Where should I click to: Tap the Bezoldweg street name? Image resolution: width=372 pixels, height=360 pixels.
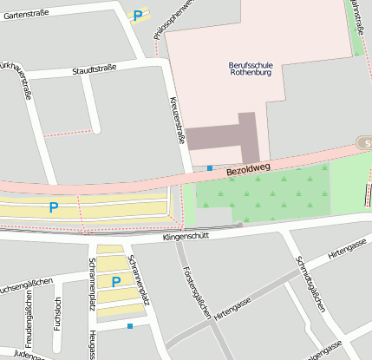tap(248, 169)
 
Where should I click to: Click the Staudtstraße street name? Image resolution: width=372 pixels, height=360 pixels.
tap(94, 69)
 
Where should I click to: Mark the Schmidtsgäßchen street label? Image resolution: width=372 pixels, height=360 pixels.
tap(310, 284)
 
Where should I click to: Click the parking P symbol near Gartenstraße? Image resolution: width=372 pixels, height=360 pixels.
tap(137, 15)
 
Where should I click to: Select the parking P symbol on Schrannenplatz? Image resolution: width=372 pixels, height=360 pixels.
tap(116, 282)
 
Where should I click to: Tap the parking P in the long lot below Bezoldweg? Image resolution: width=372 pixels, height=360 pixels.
tap(54, 207)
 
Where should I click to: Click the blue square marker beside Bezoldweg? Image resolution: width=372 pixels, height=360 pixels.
tap(210, 167)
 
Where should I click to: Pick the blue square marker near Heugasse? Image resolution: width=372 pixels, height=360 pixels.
tap(130, 326)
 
